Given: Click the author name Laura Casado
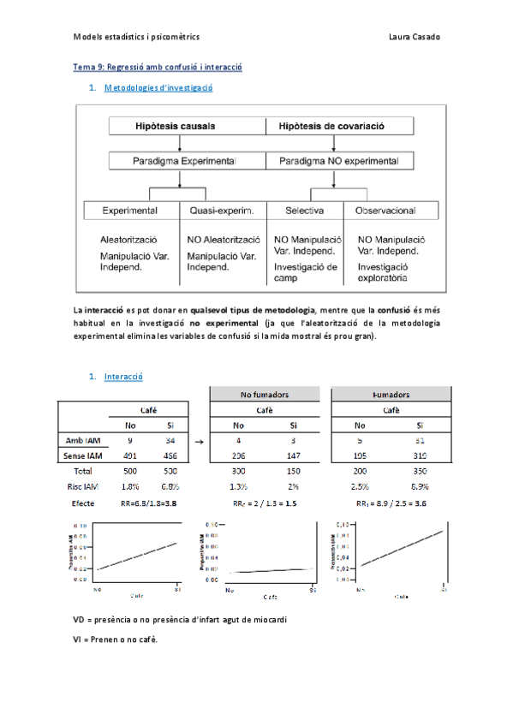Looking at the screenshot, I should click(415, 37).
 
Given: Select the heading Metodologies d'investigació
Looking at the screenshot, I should click(158, 87).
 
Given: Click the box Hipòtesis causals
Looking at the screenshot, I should click(176, 126).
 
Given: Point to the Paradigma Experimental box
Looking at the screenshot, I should click(184, 160).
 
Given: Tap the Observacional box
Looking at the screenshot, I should click(386, 210).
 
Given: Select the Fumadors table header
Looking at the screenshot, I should click(391, 394).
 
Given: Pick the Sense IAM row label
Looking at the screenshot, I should click(83, 455).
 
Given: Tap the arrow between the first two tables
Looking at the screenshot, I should click(199, 441).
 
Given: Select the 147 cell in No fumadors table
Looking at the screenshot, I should click(293, 455).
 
